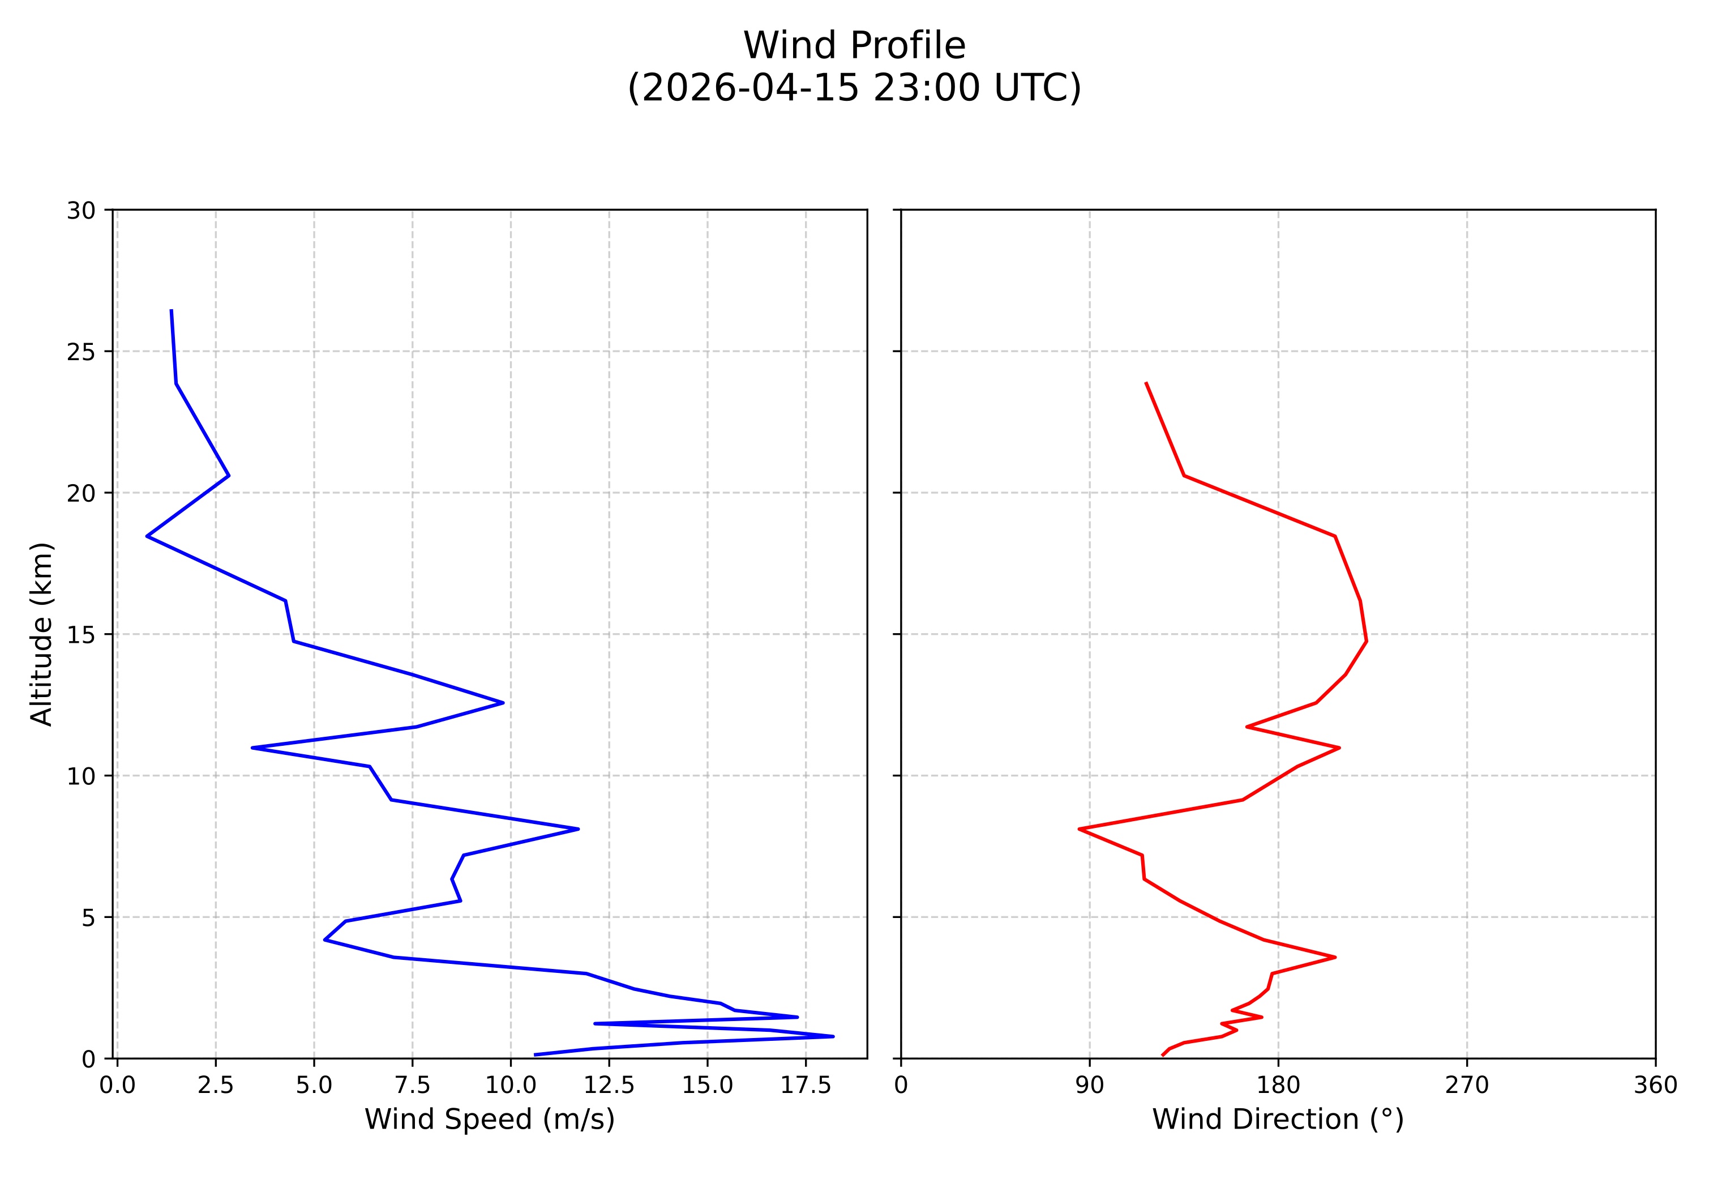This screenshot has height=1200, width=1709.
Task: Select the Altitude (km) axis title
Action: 42,634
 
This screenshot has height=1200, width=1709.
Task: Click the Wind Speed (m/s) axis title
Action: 489,1119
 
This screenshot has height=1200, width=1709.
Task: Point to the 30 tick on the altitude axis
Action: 81,211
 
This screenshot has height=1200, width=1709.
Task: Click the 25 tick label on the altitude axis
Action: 81,352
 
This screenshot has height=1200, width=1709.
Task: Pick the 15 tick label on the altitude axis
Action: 81,635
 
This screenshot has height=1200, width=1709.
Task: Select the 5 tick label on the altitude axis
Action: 88,918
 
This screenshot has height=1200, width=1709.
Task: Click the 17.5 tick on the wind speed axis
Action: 806,1086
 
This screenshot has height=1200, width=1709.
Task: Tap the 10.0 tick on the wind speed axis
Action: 511,1086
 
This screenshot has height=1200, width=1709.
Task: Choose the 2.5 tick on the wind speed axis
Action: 216,1086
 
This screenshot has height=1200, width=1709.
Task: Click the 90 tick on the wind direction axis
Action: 1090,1086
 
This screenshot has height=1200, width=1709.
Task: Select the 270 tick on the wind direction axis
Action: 1467,1086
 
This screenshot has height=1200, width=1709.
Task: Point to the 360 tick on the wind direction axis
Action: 1655,1086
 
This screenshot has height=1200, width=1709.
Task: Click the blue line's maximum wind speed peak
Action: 833,1036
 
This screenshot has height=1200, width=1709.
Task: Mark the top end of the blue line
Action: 171,310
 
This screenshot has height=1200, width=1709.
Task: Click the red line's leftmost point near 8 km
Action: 1080,829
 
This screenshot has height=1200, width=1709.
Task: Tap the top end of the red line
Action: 1146,383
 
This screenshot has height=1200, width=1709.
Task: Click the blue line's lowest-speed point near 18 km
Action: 147,536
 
